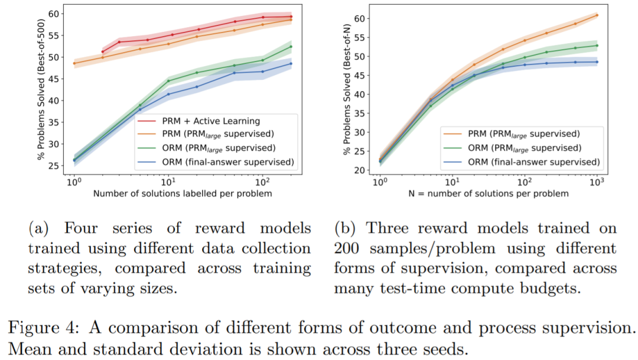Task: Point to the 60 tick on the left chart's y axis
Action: pos(55,14)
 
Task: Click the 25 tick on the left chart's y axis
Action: pos(55,165)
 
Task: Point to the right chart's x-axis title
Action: pos(488,193)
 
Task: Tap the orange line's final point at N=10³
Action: pos(597,15)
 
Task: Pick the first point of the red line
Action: pos(103,51)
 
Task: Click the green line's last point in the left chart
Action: pos(291,46)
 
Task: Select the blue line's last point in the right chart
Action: pos(597,61)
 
